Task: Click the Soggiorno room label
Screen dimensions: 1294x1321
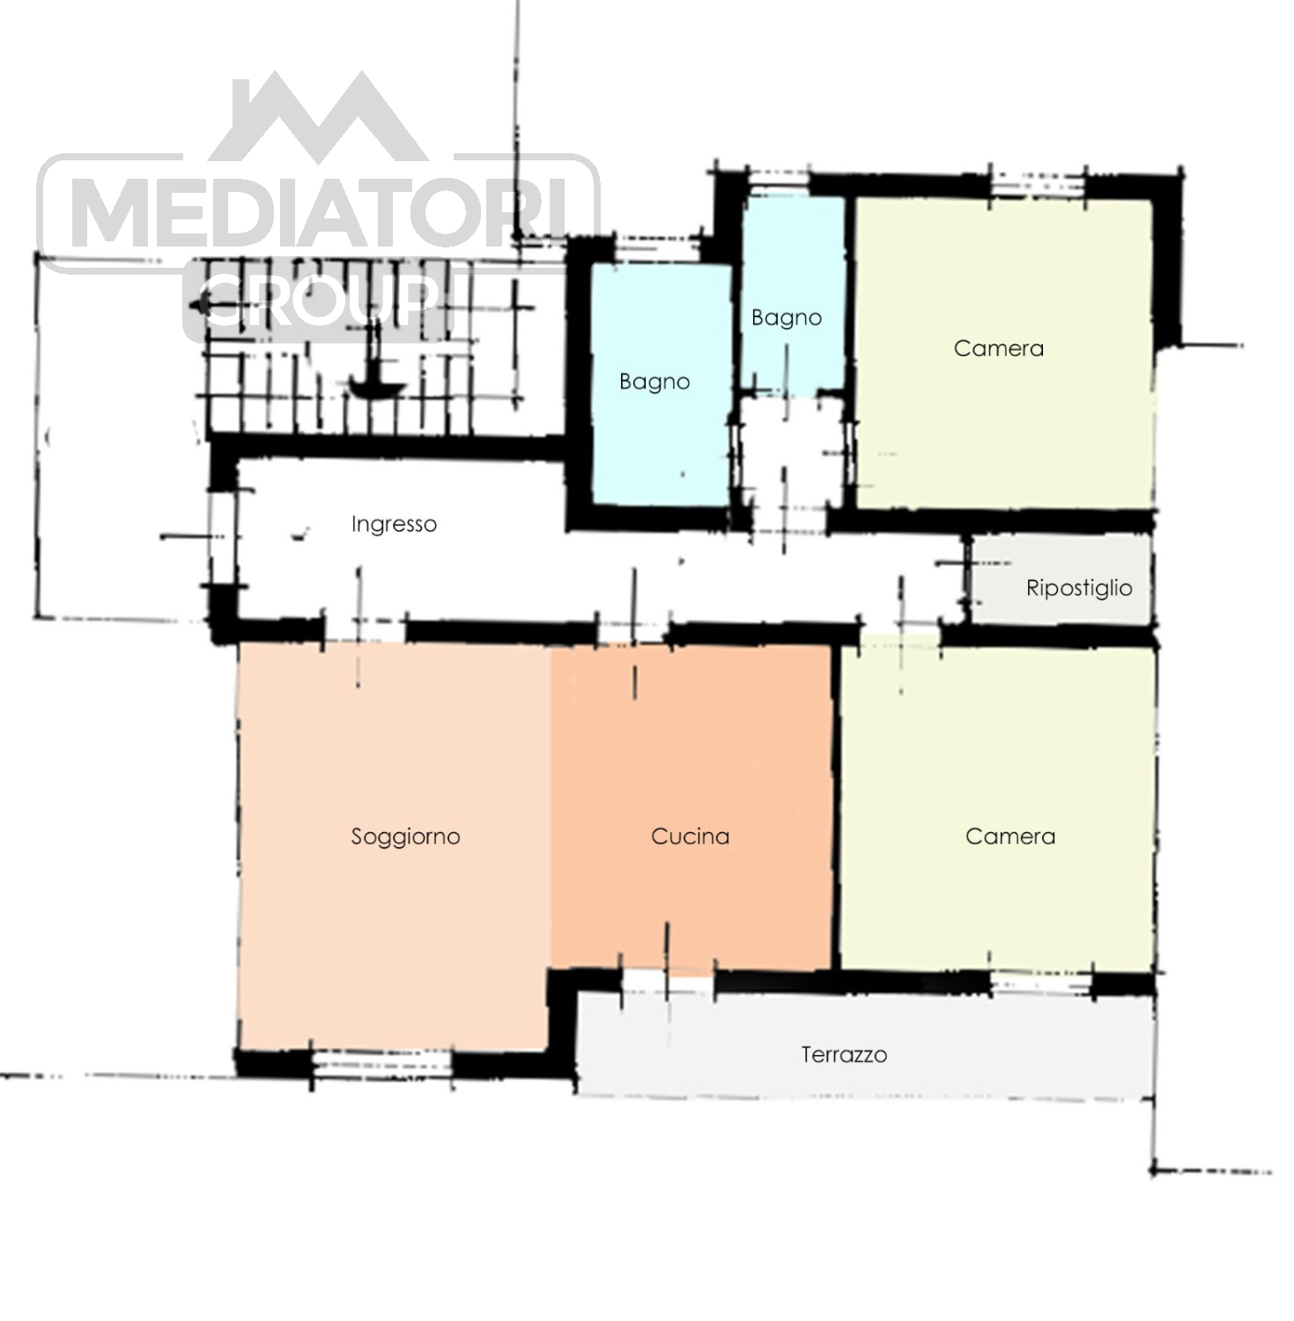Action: tap(405, 837)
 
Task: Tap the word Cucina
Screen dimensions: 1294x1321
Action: tap(691, 836)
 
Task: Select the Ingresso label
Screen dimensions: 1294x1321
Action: tap(394, 525)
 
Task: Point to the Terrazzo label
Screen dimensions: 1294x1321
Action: tap(844, 1054)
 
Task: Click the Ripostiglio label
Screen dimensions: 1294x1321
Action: tap(1079, 587)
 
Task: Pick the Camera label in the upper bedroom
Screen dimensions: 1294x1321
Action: tap(999, 348)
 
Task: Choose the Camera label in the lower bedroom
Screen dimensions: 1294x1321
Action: tap(1010, 836)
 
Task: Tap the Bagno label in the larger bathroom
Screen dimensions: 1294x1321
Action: tap(654, 382)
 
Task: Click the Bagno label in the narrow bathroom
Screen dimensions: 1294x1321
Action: tap(787, 318)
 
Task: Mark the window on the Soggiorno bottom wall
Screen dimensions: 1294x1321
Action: tap(382, 1064)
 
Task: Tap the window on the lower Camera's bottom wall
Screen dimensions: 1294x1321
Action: tap(1042, 984)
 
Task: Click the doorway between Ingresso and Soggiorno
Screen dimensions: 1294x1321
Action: tap(365, 631)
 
